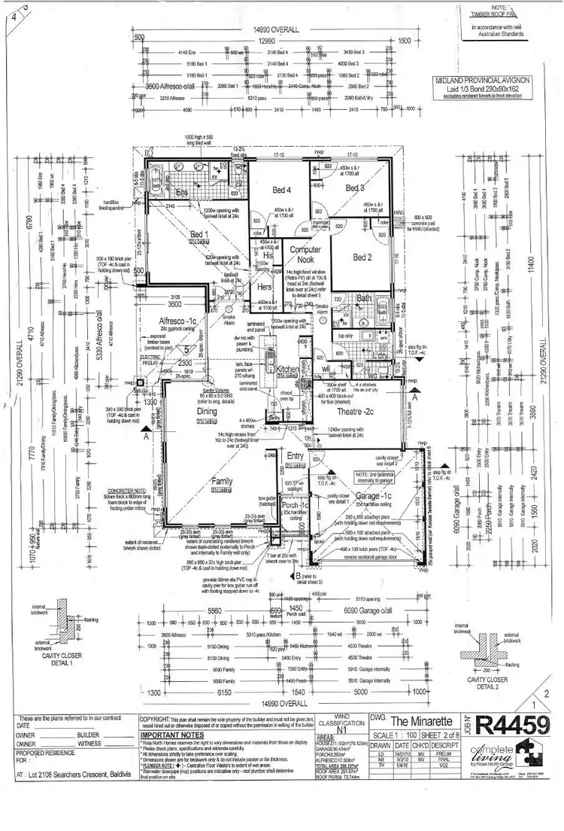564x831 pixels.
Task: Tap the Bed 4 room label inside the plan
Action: coord(280,189)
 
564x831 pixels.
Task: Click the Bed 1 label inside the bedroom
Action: coord(199,235)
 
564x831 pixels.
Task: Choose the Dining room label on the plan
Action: coord(207,412)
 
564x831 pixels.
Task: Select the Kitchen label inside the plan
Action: coord(288,370)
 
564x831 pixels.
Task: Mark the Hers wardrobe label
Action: coord(263,287)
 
